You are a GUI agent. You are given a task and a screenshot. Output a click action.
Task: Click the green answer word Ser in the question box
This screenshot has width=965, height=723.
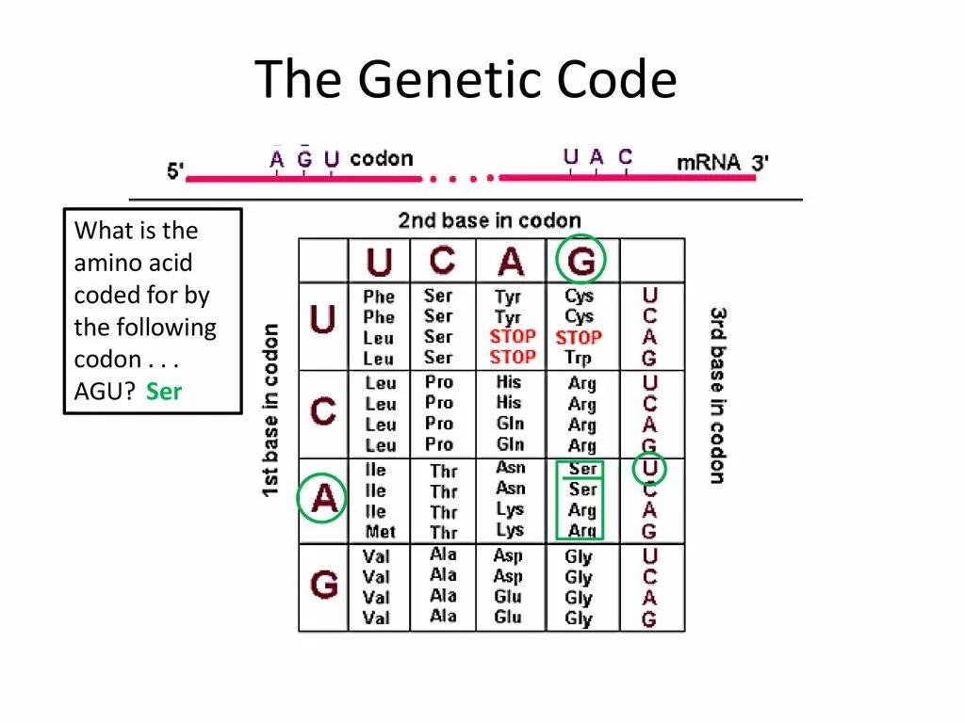click(x=164, y=392)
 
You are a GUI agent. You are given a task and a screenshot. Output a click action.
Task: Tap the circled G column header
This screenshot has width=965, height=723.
click(x=581, y=261)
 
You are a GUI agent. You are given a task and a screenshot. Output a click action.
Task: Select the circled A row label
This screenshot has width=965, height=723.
click(x=323, y=499)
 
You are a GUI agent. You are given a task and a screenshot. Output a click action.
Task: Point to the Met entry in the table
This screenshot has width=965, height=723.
click(x=380, y=533)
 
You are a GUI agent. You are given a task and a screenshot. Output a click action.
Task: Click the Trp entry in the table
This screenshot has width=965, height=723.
click(x=579, y=358)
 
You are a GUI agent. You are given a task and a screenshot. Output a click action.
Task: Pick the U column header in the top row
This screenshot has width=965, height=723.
click(x=379, y=262)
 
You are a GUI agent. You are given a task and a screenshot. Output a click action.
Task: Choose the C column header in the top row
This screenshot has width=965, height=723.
click(x=441, y=261)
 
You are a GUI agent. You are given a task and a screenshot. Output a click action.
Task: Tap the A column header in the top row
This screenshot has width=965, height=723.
click(x=511, y=262)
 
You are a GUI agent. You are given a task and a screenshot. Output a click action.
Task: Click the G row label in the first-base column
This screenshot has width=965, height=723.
click(x=323, y=586)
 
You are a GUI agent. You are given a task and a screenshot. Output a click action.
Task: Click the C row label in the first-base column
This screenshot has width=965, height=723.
click(x=323, y=411)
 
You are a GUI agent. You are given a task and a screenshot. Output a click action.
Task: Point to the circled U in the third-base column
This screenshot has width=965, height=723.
click(x=649, y=469)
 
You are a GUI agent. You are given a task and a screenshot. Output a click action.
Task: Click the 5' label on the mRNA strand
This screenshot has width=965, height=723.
click(x=175, y=171)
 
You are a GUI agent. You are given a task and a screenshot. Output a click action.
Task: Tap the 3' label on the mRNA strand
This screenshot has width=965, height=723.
click(x=760, y=162)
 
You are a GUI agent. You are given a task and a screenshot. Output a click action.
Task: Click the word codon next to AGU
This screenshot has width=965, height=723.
click(x=381, y=158)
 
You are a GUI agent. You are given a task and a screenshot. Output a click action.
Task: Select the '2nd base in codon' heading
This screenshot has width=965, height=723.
click(x=489, y=220)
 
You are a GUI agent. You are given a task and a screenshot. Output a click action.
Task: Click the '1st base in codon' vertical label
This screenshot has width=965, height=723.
click(x=270, y=410)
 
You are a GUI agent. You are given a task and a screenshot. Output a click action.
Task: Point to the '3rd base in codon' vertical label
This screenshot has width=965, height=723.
click(x=718, y=394)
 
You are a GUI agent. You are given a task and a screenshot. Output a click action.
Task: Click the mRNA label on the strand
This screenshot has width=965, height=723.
click(x=710, y=162)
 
